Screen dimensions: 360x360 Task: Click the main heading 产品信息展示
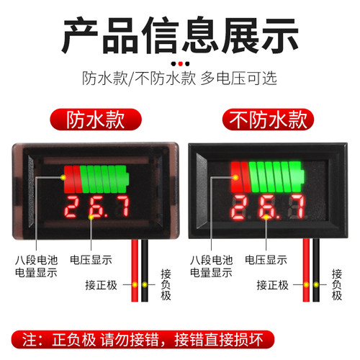pyautogui.click(x=179, y=33)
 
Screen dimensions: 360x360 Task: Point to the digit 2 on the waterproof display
pyautogui.click(x=74, y=207)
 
